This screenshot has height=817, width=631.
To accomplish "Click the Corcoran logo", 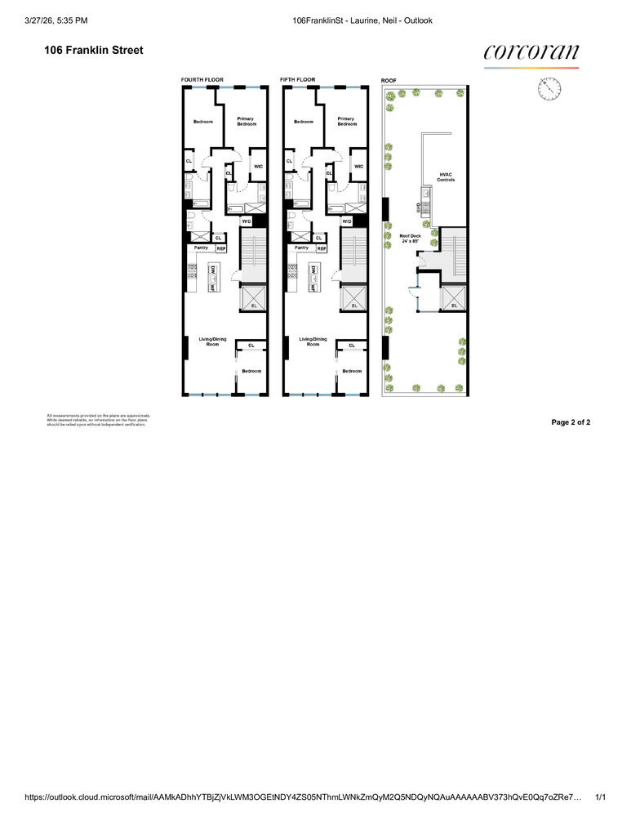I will (x=531, y=53).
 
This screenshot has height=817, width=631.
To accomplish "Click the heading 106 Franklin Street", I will (x=94, y=51).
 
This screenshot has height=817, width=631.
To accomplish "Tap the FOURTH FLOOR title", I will (x=202, y=79).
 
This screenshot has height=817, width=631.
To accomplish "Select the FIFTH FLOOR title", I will (x=297, y=79).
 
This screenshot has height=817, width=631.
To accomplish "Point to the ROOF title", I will (x=389, y=80).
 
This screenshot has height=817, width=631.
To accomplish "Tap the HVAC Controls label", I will (x=446, y=176).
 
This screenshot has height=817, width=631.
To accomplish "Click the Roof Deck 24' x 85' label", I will (x=411, y=239).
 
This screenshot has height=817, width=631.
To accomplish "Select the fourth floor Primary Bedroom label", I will (x=246, y=121).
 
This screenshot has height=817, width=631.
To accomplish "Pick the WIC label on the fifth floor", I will (x=358, y=167).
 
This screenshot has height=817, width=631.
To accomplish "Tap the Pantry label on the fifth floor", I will (x=301, y=247).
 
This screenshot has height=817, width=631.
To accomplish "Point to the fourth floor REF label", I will (x=220, y=248).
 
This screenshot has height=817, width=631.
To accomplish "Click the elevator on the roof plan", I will (x=453, y=298).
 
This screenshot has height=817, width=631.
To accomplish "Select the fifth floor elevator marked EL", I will (x=353, y=298).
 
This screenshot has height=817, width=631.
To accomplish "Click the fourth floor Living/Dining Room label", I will (x=212, y=342).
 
